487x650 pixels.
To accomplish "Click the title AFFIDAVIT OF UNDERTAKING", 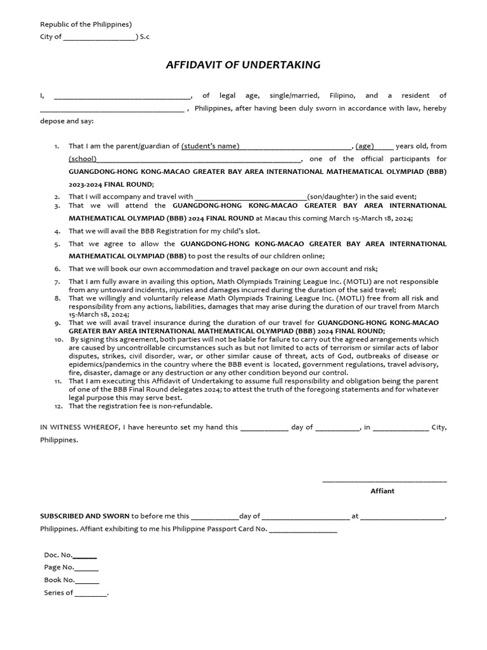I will (x=243, y=65).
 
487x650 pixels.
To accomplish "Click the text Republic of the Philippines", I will (x=85, y=24).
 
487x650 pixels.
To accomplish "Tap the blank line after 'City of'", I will (x=100, y=37).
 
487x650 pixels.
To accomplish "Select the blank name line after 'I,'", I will (x=122, y=96).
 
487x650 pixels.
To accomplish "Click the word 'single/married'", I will (x=294, y=95).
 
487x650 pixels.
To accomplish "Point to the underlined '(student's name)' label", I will (x=211, y=146).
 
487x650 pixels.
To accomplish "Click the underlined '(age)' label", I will (x=365, y=146).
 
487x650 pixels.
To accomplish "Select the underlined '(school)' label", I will (x=82, y=159).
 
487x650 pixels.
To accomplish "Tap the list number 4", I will (x=57, y=232).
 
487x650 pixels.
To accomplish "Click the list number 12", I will (x=58, y=406).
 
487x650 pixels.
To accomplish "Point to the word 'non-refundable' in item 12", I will (x=188, y=406).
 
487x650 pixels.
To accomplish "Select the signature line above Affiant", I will (x=384, y=481).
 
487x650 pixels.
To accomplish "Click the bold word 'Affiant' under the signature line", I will (x=382, y=491).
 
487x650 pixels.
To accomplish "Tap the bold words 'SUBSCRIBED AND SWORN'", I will (x=84, y=517).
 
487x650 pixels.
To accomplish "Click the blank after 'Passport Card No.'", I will (x=302, y=529).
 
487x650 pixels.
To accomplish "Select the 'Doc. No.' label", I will (x=58, y=555).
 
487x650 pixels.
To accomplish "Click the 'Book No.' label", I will (x=59, y=580).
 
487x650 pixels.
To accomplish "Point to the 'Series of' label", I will (x=58, y=593).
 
